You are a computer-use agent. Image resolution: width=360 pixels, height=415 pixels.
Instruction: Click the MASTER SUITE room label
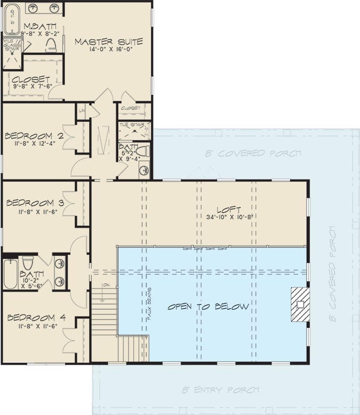[x=108, y=41]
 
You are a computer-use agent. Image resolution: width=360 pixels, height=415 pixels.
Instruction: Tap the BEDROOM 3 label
[x=35, y=203]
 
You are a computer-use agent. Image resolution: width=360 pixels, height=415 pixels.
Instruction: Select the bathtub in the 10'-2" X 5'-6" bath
[x=10, y=273]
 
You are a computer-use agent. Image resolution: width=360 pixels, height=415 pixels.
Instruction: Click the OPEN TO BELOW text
[x=207, y=307]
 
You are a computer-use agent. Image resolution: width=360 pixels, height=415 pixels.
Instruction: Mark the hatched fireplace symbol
[x=299, y=305]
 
